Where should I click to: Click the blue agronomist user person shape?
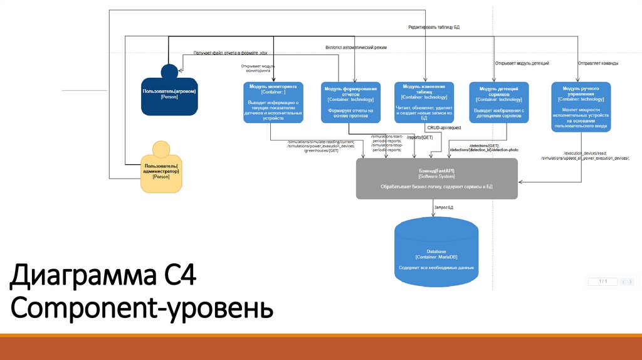[x=169, y=94]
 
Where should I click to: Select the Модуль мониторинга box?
[x=273, y=102]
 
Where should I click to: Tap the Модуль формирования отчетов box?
[x=350, y=102]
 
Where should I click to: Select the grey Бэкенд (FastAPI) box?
[x=436, y=178]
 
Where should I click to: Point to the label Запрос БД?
[x=443, y=207]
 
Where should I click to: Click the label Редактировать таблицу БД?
[x=434, y=28]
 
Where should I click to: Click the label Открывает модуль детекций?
[x=522, y=63]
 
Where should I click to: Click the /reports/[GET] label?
[x=419, y=137]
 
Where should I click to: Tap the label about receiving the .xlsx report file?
[x=234, y=53]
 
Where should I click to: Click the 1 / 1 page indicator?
[x=603, y=282]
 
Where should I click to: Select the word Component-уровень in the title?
[x=142, y=309]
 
